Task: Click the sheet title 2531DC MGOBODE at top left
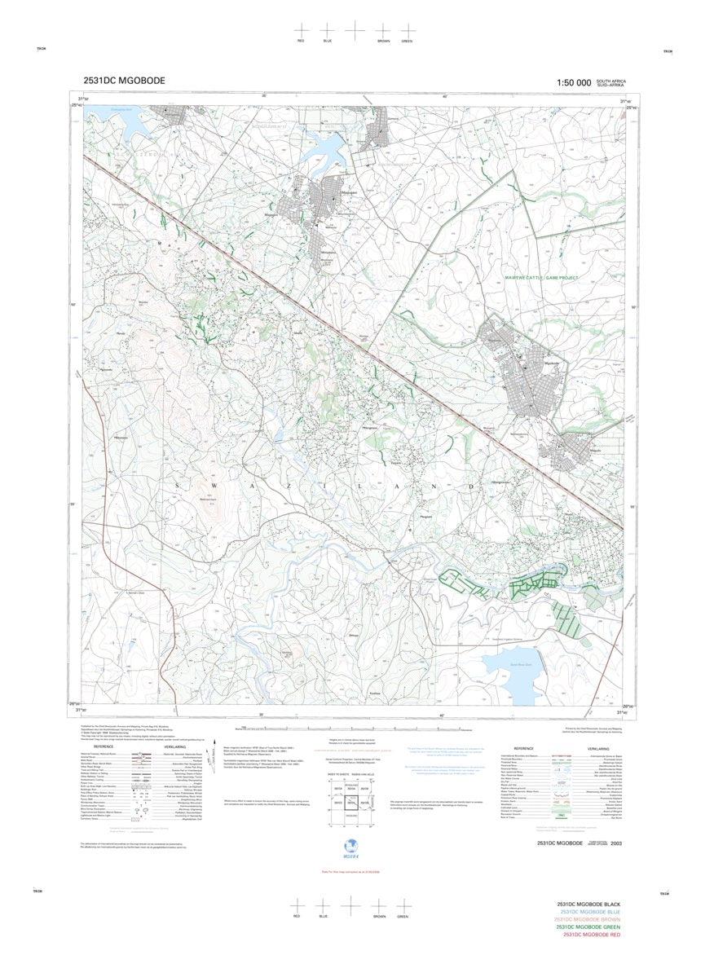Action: pos(124,81)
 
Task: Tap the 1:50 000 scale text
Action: pos(573,83)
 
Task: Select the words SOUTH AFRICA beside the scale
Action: pos(610,81)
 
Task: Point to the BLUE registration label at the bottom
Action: pos(323,916)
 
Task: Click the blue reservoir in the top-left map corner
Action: pos(127,122)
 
